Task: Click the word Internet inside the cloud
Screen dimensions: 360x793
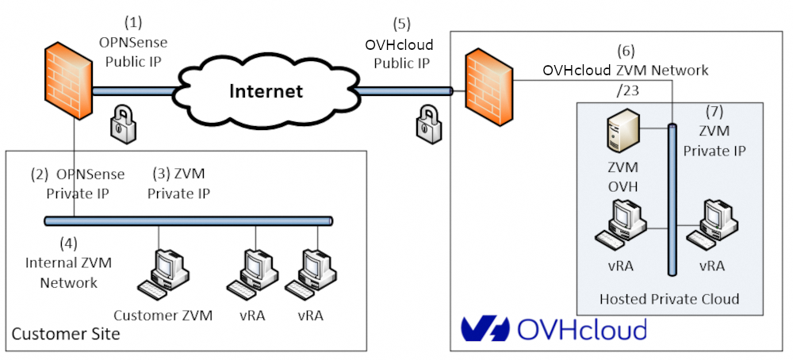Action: click(266, 90)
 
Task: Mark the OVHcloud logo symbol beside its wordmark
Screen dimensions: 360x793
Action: click(485, 328)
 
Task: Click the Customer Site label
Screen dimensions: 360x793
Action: click(66, 334)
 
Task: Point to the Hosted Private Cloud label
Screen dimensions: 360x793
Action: click(669, 299)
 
